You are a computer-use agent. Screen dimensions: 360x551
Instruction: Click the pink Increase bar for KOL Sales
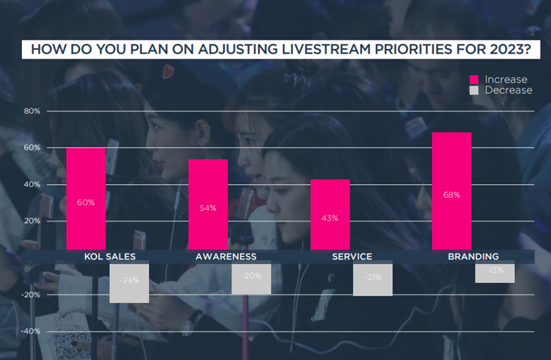click(86, 198)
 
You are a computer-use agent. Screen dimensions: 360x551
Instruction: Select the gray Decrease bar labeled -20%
click(251, 279)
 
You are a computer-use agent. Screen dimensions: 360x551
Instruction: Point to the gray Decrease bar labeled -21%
click(372, 280)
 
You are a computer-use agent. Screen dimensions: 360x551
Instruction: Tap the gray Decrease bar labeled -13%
click(495, 273)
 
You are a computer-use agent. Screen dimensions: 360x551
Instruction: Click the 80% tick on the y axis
click(32, 111)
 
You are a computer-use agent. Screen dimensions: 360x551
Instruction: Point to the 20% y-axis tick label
click(32, 221)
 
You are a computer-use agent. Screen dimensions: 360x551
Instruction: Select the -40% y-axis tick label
click(30, 331)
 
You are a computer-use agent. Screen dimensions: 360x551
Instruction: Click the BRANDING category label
click(473, 257)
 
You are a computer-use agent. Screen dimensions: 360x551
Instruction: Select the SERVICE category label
click(352, 257)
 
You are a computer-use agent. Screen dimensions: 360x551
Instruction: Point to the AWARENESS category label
click(226, 257)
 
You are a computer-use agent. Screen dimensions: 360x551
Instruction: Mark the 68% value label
click(451, 195)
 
